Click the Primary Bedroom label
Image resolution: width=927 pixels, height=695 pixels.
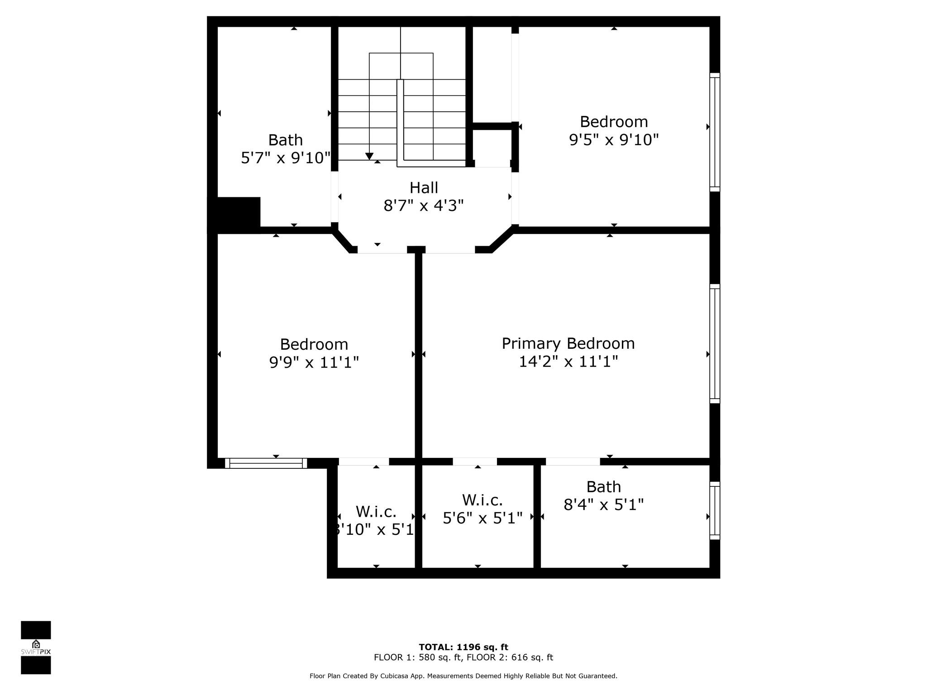coord(568,343)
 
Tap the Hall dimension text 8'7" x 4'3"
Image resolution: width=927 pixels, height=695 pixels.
coord(424,206)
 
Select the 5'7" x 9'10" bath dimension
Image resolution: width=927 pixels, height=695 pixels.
coord(285,158)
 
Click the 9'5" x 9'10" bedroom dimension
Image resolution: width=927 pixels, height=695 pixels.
coord(613,140)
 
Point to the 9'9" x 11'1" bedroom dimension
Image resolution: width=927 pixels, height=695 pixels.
coord(314,362)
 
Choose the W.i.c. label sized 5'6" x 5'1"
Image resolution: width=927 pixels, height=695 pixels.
coord(482,500)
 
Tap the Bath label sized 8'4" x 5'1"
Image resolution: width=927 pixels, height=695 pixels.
coord(603,487)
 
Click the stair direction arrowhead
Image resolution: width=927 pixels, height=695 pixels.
coord(369,156)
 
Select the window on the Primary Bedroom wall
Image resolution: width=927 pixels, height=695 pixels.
coord(714,343)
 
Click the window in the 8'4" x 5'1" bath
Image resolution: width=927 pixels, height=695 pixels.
coord(714,510)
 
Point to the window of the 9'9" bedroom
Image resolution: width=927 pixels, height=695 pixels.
coord(266,463)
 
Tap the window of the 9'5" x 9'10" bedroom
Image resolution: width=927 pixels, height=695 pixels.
coord(714,132)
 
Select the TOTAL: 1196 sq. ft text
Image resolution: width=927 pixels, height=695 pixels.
coord(463,647)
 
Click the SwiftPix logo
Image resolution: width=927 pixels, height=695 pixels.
coord(36,647)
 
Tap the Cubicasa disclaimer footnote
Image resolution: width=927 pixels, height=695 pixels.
coord(463,676)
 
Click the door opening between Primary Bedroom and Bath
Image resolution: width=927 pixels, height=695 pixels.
coord(573,462)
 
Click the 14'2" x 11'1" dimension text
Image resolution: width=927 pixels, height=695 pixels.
coord(568,362)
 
